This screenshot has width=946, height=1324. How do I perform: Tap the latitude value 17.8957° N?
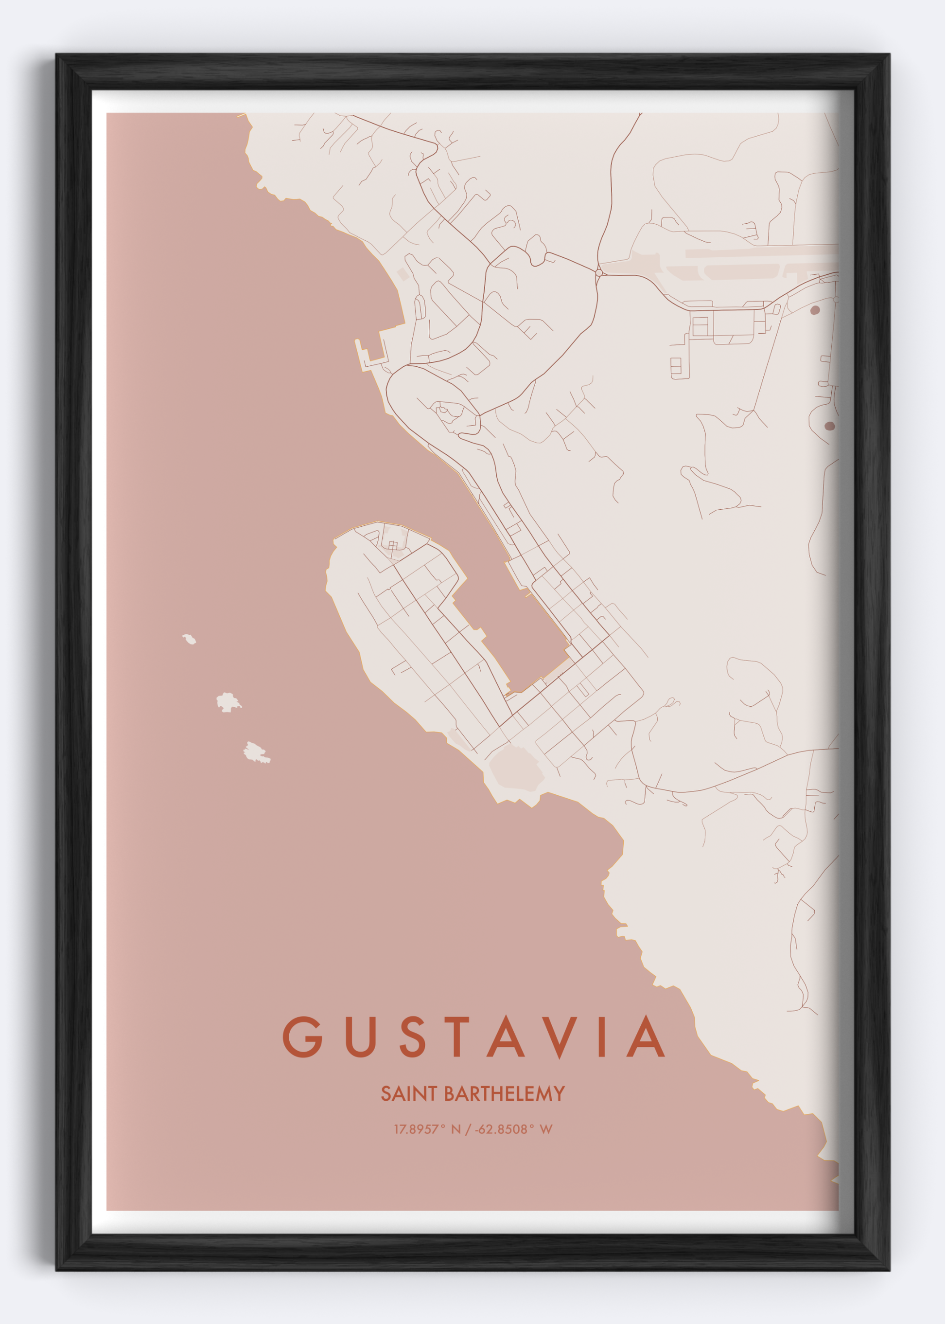click(427, 1129)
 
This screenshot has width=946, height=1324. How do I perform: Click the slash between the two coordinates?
click(467, 1129)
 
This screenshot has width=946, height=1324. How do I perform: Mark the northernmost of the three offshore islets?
click(189, 639)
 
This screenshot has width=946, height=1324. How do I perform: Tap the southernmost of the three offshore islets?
click(255, 752)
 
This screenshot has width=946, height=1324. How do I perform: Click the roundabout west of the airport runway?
click(598, 272)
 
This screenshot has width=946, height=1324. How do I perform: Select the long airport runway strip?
click(757, 252)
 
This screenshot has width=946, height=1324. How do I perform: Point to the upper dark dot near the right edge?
click(815, 310)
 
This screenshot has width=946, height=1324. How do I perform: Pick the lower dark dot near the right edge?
click(829, 426)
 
